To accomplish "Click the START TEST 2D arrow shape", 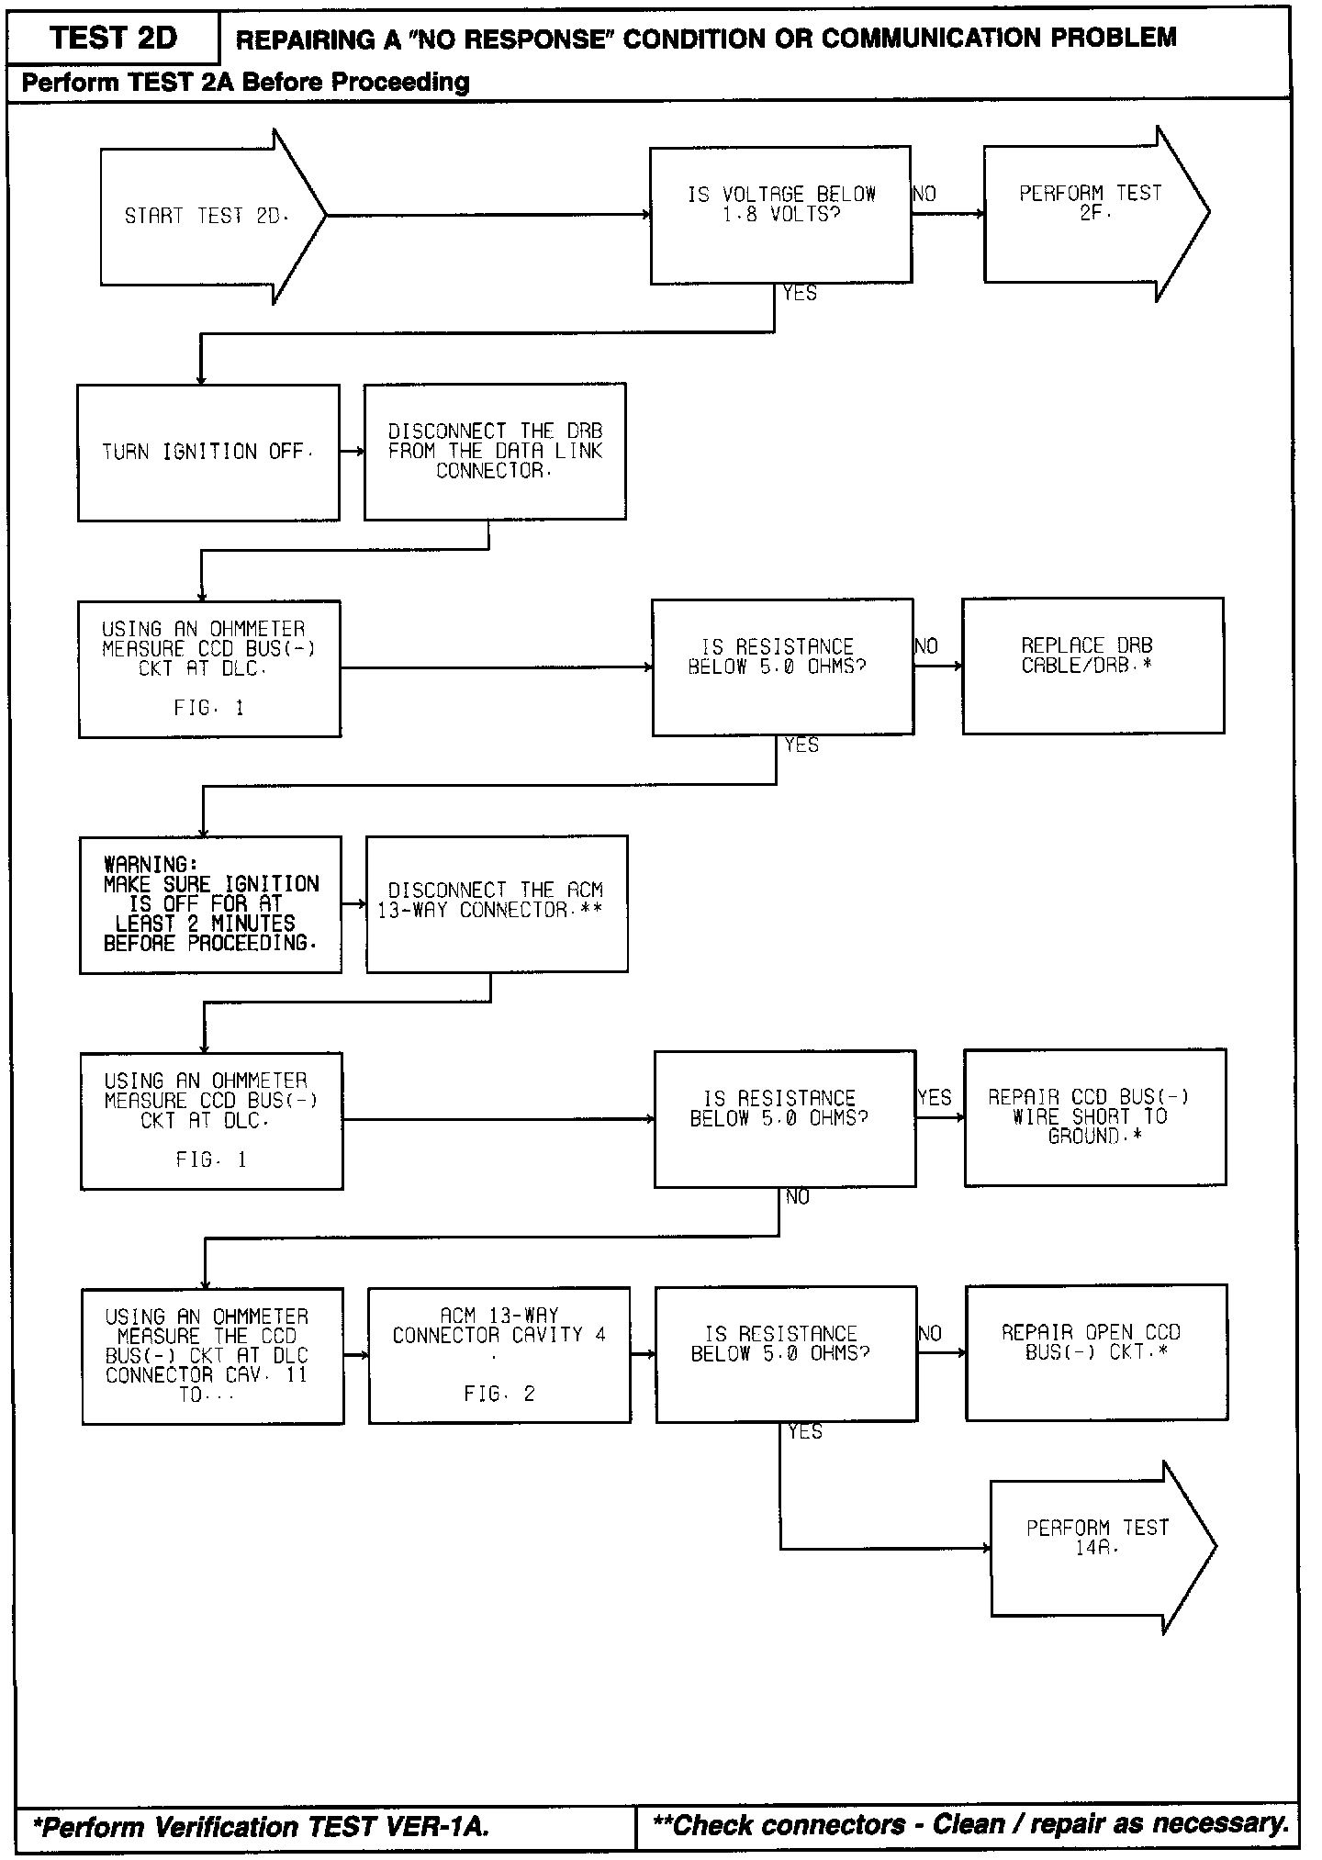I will click(207, 217).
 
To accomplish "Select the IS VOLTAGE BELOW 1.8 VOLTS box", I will click(780, 215).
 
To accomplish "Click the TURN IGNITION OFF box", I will click(208, 453).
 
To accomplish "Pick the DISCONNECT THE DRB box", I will click(495, 452).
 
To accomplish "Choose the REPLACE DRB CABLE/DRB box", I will click(1092, 666).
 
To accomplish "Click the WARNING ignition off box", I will click(210, 904).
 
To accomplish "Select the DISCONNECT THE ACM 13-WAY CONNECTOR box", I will click(497, 903).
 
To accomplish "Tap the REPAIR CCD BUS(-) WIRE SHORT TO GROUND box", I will click(1094, 1117).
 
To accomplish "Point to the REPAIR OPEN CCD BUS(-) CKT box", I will click(1096, 1352).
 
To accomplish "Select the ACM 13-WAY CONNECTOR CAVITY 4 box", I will click(499, 1354).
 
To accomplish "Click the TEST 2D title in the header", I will click(113, 39).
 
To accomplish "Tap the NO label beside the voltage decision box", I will click(924, 194).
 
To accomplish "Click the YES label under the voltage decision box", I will click(800, 294).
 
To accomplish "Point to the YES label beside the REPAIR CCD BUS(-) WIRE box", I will click(935, 1098).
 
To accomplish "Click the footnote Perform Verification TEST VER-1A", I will click(261, 1827).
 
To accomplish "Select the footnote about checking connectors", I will click(969, 1825).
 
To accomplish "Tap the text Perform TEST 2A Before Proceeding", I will click(245, 83).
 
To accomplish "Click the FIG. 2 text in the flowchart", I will click(499, 1394).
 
